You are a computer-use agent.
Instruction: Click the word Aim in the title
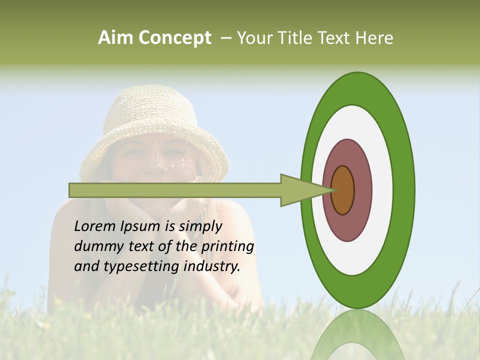tap(116, 38)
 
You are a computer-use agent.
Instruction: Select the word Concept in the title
tap(175, 38)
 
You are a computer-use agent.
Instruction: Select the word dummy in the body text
tap(95, 246)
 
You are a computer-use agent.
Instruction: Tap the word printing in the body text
tap(227, 247)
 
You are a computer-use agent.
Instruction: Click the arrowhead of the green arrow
tap(300, 190)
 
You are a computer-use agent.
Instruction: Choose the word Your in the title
tap(253, 38)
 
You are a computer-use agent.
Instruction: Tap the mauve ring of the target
tap(363, 190)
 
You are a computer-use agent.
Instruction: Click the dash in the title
tap(225, 38)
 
